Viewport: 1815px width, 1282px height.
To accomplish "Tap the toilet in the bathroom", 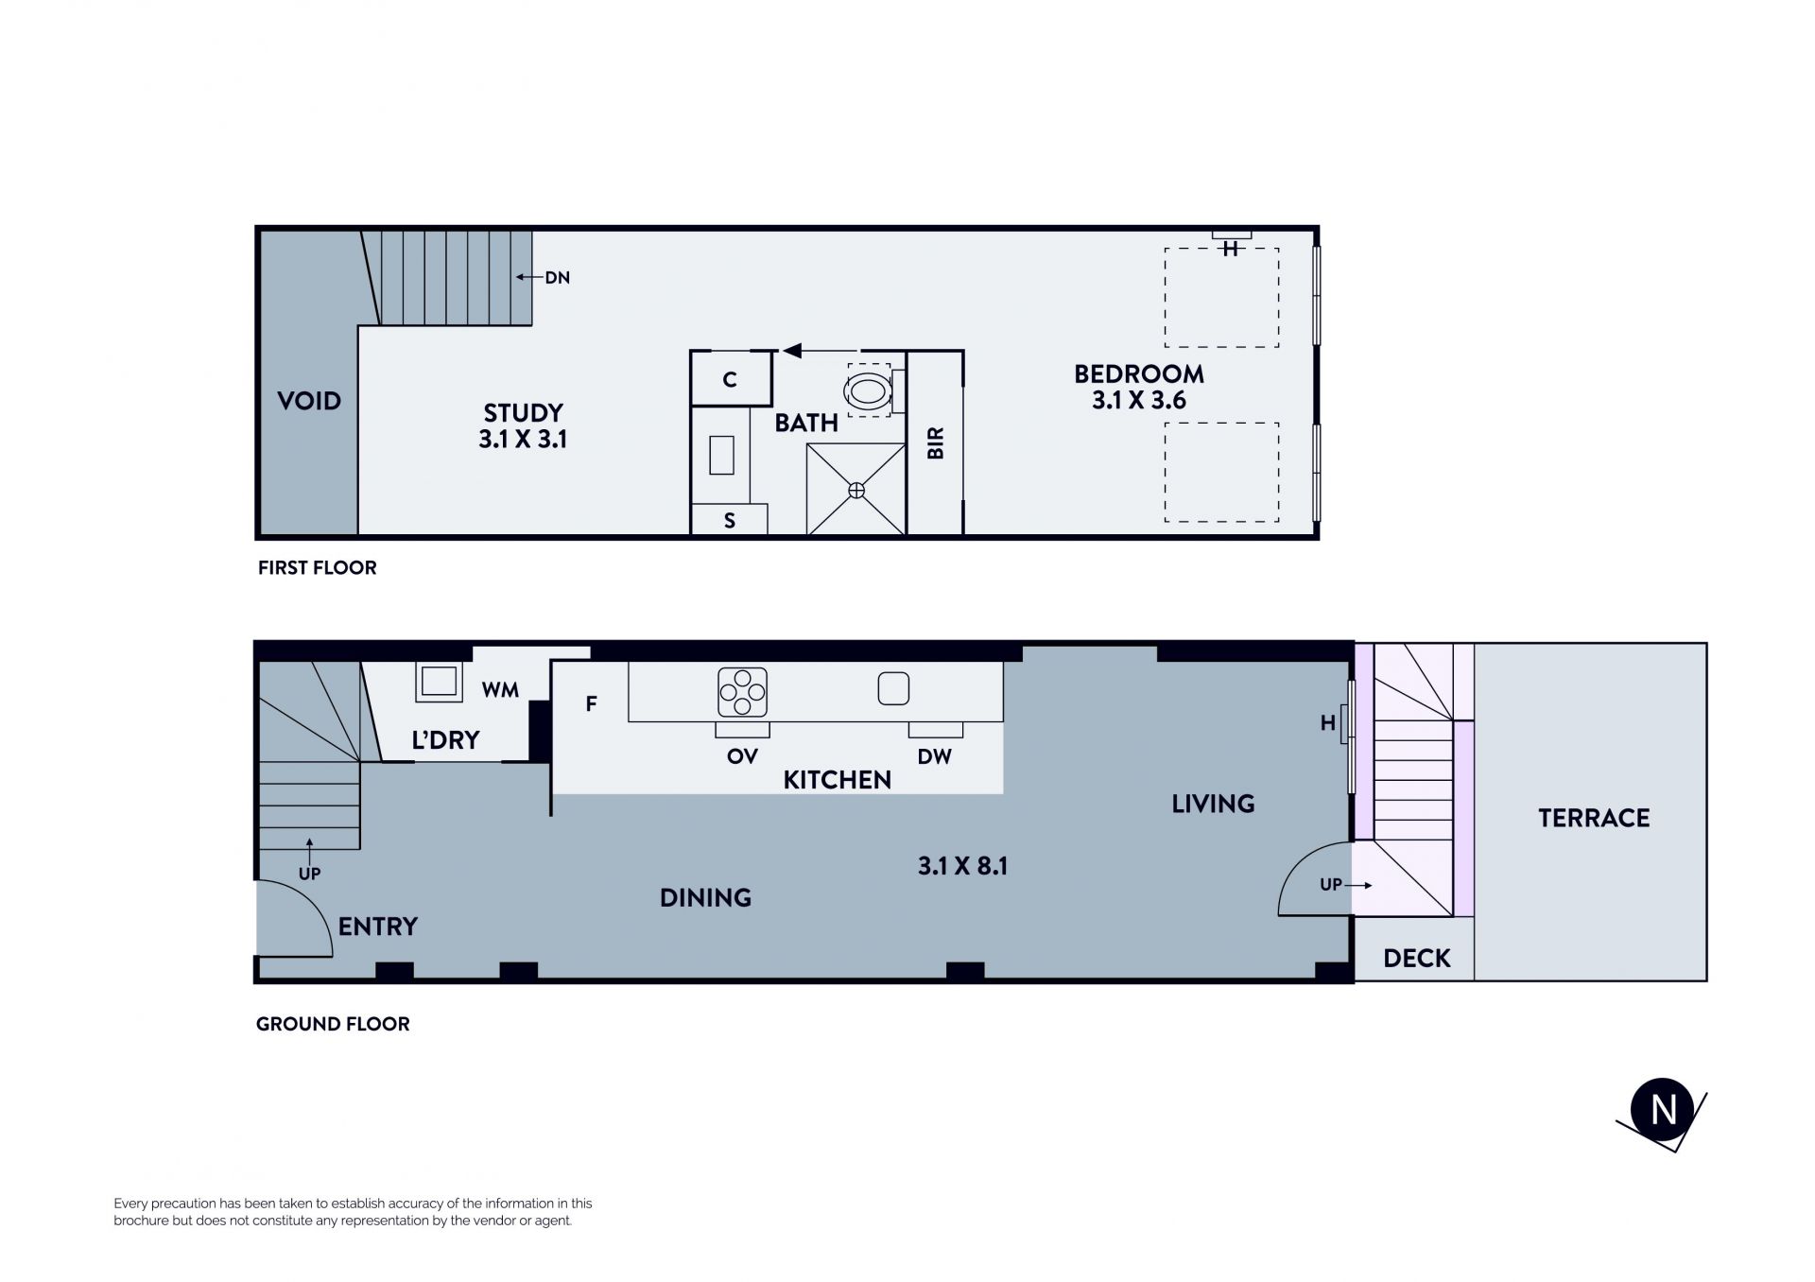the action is [x=869, y=390].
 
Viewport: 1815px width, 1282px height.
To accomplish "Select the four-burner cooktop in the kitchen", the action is [x=742, y=692].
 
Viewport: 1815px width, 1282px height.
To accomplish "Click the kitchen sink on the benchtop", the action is [x=893, y=688].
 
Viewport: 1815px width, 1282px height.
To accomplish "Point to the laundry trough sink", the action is [x=439, y=682].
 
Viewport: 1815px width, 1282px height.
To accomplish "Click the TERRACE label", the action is [x=1594, y=818].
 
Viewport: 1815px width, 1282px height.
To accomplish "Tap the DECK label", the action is [x=1416, y=959].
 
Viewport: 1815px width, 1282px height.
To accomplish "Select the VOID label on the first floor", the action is [x=309, y=401].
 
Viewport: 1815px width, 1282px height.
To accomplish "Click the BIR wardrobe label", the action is [x=936, y=443].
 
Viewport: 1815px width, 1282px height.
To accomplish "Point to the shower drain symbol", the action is [x=856, y=490].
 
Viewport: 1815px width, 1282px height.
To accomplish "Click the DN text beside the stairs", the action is [x=557, y=278].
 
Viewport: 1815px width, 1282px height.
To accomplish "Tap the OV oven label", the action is [x=742, y=756].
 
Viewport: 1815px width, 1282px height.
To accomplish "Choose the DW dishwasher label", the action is [x=934, y=756].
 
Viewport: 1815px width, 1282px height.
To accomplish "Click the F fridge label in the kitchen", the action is [x=591, y=703].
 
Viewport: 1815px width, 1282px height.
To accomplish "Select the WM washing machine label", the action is [x=500, y=690].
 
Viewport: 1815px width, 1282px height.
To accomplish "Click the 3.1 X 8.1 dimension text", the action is [x=962, y=866].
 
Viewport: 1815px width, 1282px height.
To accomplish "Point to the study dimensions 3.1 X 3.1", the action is [x=523, y=440].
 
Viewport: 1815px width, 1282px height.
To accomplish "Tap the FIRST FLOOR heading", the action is [x=318, y=567].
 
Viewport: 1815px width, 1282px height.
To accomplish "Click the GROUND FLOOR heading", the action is [x=333, y=1024].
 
